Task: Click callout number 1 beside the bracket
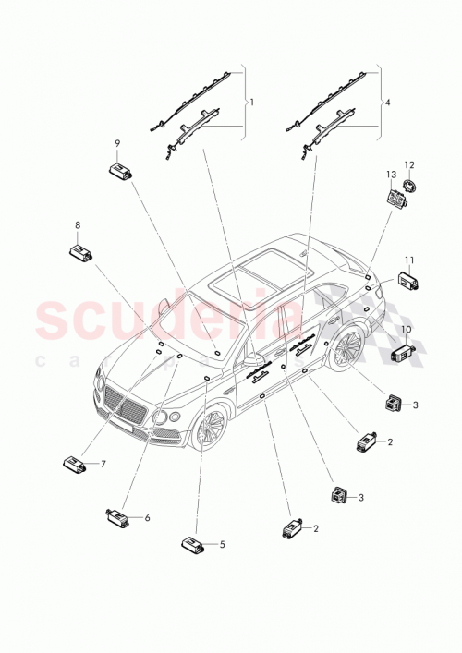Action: (251, 101)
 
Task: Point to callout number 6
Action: (147, 519)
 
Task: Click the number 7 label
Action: (103, 464)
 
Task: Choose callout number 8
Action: (78, 224)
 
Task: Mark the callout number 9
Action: (117, 143)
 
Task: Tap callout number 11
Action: (409, 260)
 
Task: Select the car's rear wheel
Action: (346, 350)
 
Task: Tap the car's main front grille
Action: (127, 406)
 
